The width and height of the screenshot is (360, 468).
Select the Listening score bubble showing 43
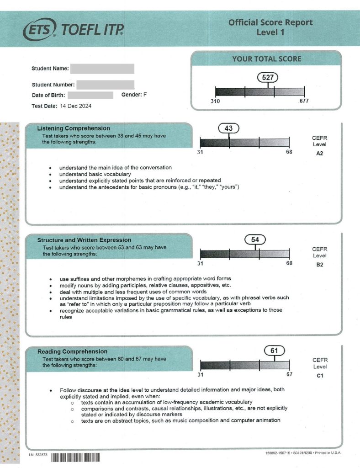(x=228, y=129)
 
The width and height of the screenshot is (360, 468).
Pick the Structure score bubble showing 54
(x=255, y=240)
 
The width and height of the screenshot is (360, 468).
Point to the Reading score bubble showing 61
(x=275, y=351)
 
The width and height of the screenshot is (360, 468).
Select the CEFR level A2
(x=319, y=154)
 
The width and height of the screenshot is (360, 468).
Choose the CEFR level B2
(x=319, y=264)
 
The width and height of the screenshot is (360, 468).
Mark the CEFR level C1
(x=319, y=376)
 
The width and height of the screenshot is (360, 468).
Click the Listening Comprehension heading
(x=73, y=128)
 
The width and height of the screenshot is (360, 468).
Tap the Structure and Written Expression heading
(x=84, y=240)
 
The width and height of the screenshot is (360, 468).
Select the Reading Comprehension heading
(x=72, y=351)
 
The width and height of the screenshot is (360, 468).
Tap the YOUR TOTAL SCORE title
(x=267, y=59)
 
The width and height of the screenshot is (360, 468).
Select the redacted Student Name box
(x=102, y=69)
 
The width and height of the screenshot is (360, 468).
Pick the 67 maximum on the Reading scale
(x=289, y=375)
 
